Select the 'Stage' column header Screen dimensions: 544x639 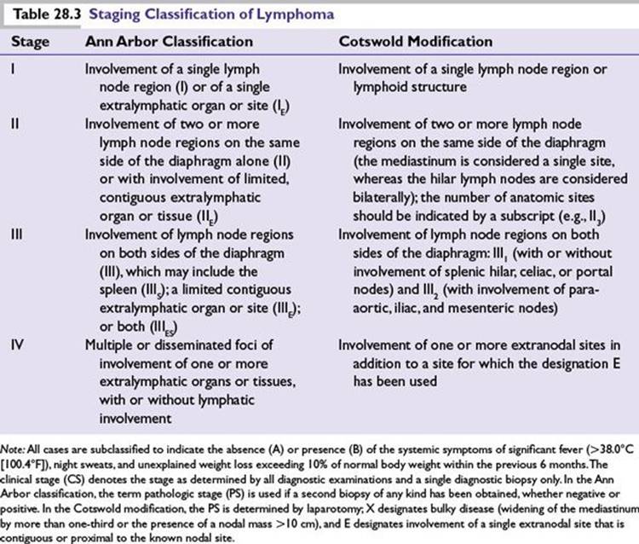coord(30,41)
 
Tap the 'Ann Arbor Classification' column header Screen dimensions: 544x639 coord(169,41)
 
